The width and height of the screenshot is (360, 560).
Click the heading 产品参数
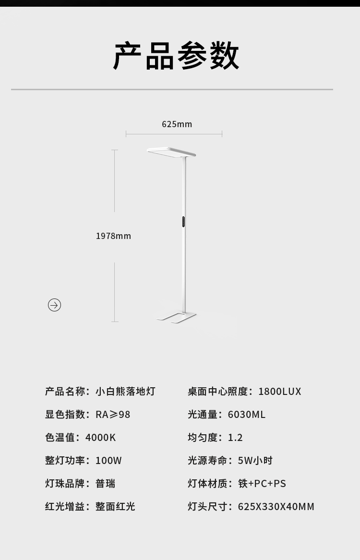(176, 56)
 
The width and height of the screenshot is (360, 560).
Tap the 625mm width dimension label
(177, 124)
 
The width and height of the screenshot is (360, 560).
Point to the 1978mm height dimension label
(113, 236)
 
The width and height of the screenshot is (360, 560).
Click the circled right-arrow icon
(54, 305)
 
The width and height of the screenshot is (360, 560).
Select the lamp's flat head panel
(171, 152)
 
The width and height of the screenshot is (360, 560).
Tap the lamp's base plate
(176, 317)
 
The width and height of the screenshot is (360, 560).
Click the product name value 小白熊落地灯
(125, 392)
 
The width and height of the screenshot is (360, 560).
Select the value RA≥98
(113, 415)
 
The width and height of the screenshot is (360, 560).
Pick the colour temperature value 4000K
(100, 438)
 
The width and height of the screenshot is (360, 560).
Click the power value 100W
(108, 461)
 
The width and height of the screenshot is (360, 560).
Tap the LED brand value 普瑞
(105, 484)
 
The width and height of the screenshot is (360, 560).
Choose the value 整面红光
(115, 507)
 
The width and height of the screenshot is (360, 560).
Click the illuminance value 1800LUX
(279, 392)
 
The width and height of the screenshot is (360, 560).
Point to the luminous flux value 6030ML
(246, 415)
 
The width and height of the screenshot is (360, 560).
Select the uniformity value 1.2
(235, 438)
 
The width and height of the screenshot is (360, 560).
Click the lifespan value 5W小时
(255, 461)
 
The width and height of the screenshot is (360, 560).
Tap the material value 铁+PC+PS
(262, 484)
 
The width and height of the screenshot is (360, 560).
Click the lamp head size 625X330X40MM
(276, 507)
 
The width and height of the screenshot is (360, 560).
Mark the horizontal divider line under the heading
(172, 89)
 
